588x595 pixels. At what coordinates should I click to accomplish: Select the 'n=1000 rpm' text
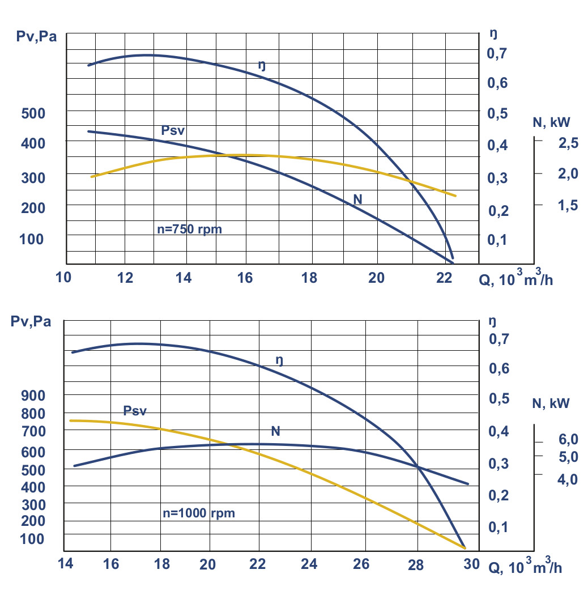click(198, 513)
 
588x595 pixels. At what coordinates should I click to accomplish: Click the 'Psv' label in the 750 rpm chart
click(173, 131)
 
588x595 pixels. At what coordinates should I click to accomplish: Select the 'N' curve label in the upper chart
click(357, 199)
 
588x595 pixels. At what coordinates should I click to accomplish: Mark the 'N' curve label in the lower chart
click(276, 431)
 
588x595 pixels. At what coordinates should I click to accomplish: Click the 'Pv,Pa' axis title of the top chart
click(36, 38)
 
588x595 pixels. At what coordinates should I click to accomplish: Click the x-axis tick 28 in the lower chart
click(416, 564)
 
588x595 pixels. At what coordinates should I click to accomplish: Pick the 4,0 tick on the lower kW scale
click(568, 479)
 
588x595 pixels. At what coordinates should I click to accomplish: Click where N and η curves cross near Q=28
click(418, 467)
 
